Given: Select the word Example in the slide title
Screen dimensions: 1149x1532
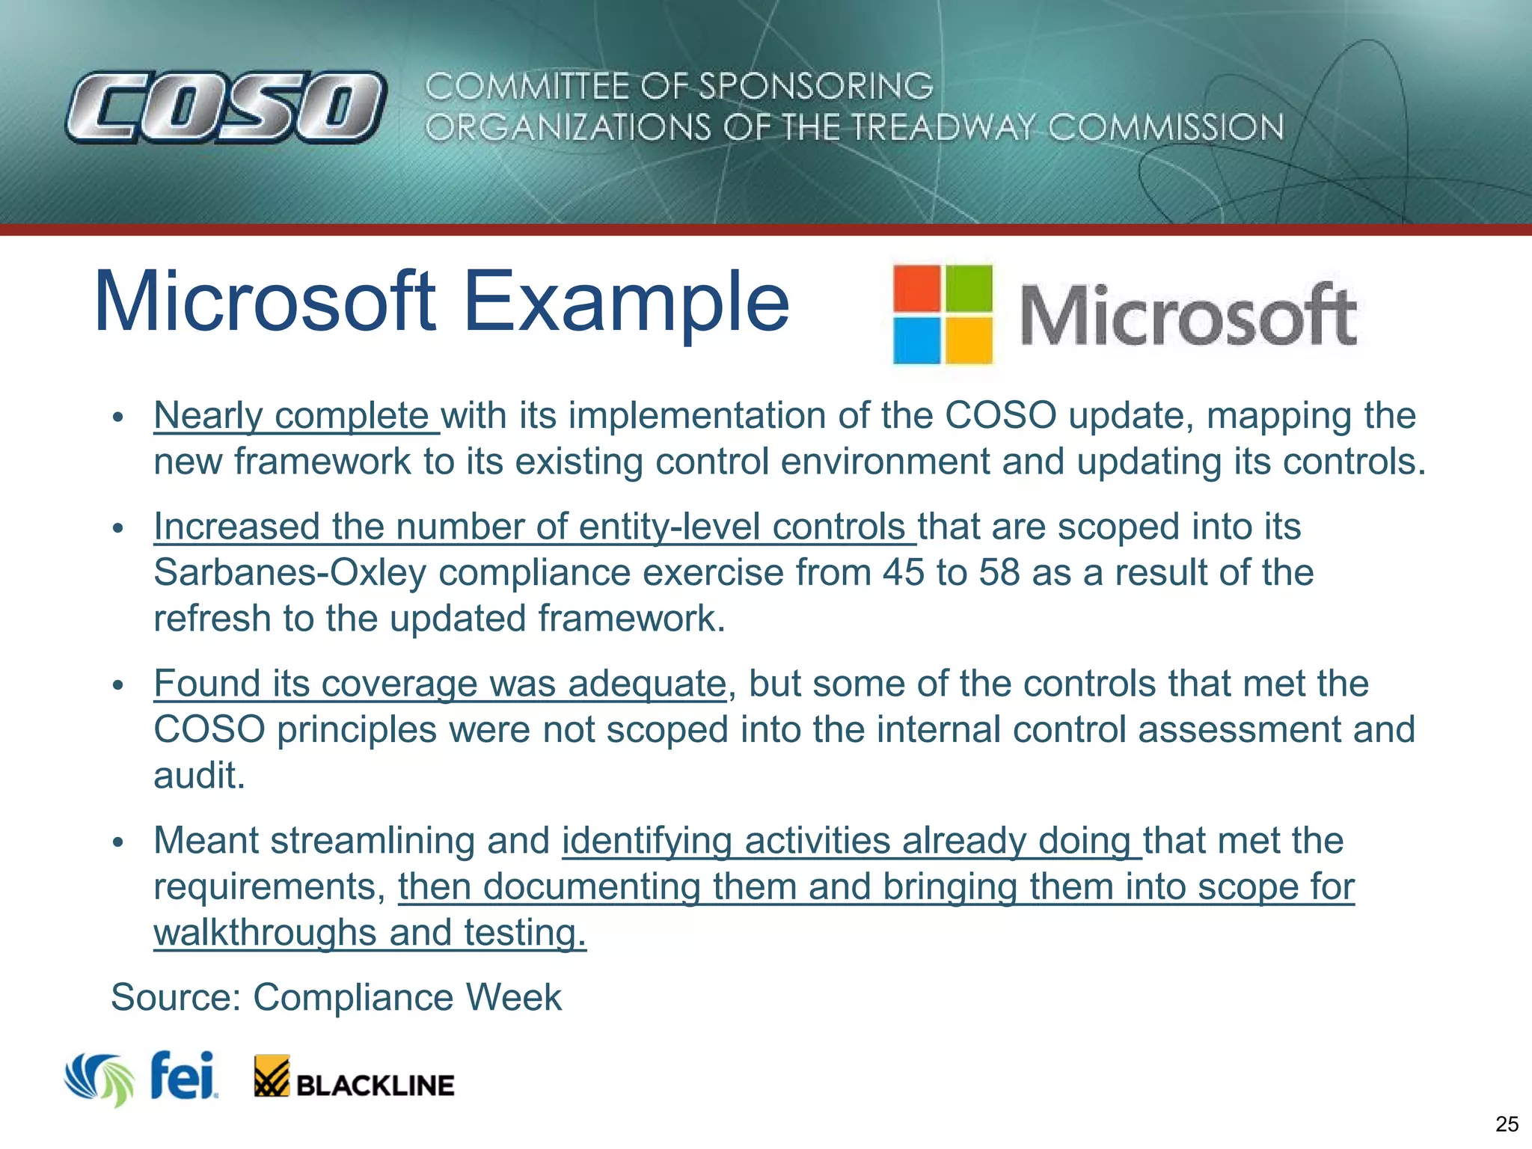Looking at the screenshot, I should (x=626, y=301).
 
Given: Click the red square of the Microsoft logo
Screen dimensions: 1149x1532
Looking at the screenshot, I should (x=917, y=288).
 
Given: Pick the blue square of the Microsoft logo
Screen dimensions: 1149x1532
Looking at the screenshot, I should (x=917, y=340).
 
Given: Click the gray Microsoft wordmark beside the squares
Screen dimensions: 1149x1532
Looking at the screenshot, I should (x=1188, y=316).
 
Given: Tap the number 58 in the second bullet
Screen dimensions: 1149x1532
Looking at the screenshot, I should (x=999, y=573).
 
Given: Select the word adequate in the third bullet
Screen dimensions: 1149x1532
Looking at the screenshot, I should (x=647, y=684).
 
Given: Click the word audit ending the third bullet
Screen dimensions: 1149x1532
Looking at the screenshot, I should (x=198, y=776).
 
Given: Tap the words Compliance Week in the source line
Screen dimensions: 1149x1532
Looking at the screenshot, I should (x=407, y=997).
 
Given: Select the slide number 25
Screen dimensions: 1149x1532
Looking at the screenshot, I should (x=1507, y=1124).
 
